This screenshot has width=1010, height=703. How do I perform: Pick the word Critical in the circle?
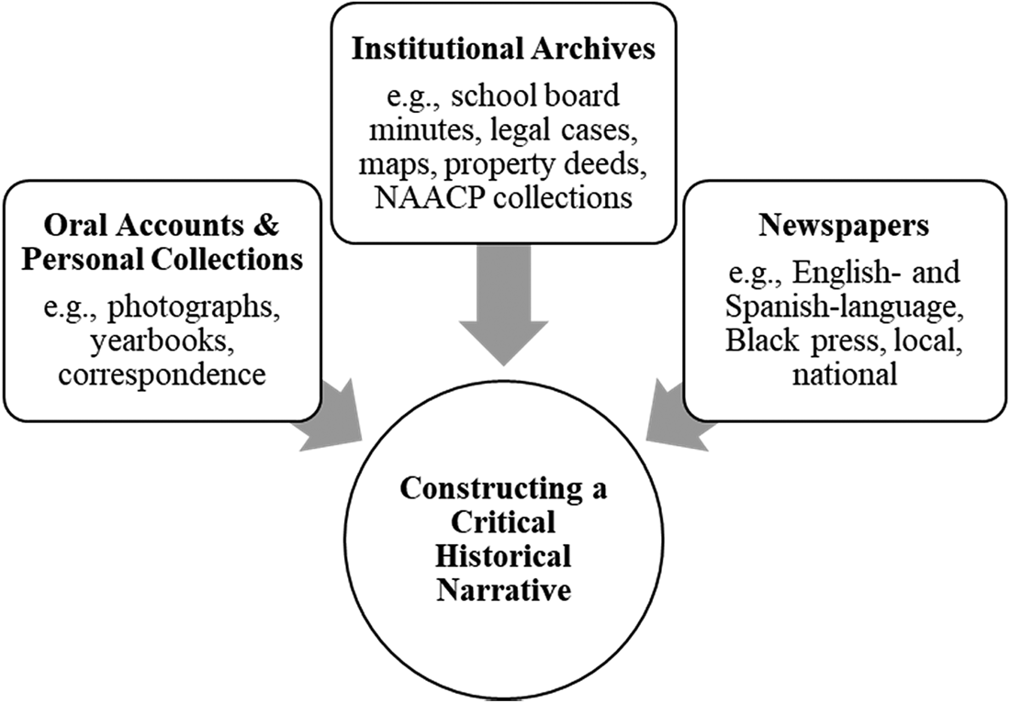pos(504,524)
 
